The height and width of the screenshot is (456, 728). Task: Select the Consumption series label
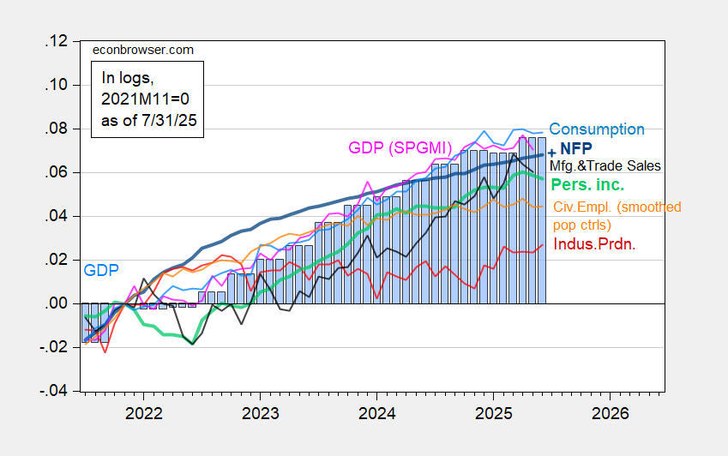(597, 129)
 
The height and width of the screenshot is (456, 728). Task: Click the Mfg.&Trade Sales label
(607, 165)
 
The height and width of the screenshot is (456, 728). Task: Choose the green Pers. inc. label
(587, 184)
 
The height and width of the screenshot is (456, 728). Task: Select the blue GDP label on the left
(99, 270)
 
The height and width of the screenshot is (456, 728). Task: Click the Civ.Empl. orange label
(617, 207)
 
